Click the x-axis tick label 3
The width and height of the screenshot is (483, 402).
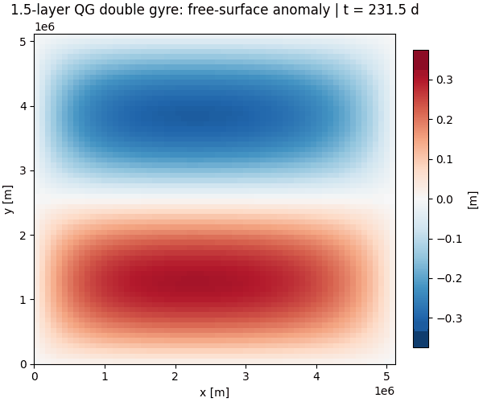(x=246, y=375)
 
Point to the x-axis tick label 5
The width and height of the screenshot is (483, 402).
(x=386, y=375)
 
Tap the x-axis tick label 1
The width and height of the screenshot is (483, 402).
(x=105, y=375)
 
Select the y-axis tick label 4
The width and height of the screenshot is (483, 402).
(x=24, y=106)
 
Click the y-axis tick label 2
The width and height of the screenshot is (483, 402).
(x=24, y=235)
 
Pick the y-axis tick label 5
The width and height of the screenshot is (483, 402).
(x=24, y=42)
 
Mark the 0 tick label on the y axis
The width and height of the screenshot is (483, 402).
(x=24, y=364)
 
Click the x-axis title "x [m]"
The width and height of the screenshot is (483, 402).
(x=214, y=392)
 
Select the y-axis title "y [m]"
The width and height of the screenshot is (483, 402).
(x=9, y=199)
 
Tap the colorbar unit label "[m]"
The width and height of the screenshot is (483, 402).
(x=473, y=199)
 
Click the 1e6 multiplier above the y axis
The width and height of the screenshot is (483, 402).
(x=44, y=27)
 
